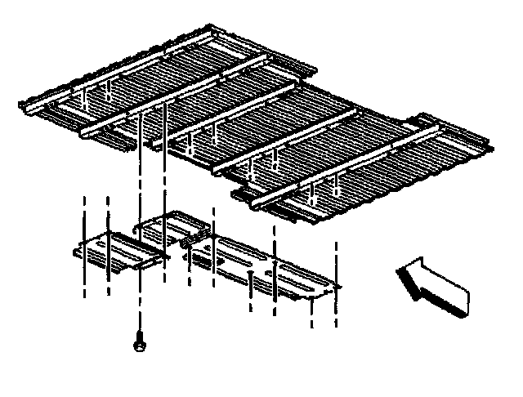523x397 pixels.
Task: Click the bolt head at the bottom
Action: click(139, 347)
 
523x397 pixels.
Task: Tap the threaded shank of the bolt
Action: click(139, 335)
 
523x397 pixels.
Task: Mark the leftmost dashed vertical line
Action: click(84, 245)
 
